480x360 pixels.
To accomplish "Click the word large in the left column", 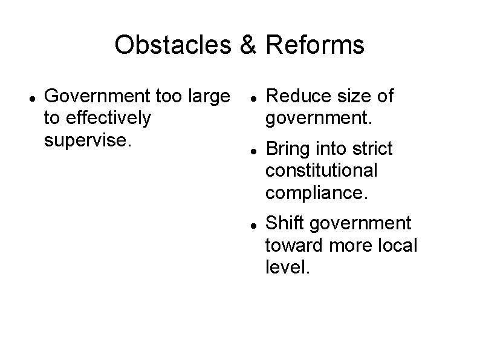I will click(209, 96).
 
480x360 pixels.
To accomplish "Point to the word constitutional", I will click(321, 170).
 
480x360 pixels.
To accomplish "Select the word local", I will click(397, 246).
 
